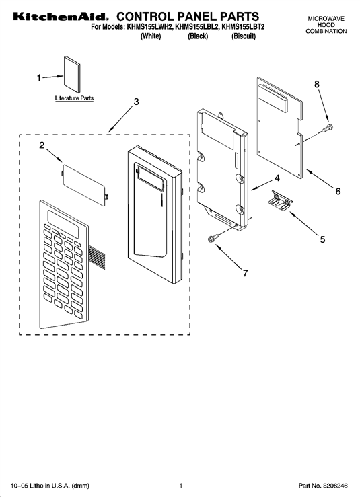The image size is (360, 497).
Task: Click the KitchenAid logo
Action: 61,17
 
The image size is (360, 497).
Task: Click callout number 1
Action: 39,77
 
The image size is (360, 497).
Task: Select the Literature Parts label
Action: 74,98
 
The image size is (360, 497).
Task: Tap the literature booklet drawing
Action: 72,75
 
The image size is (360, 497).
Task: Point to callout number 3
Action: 136,102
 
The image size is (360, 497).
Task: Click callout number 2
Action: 42,145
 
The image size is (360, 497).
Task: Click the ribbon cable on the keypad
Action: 98,255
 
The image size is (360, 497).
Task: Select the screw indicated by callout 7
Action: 213,239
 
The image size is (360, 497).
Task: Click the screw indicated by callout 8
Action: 327,128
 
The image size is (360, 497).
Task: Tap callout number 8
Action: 316,84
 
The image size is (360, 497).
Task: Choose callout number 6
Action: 338,192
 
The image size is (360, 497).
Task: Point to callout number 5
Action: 322,239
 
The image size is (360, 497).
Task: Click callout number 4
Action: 277,178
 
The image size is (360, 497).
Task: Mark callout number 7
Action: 245,273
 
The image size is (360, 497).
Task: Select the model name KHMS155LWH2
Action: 149,28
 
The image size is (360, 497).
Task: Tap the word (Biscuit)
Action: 244,36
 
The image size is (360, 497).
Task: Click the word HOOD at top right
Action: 326,25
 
